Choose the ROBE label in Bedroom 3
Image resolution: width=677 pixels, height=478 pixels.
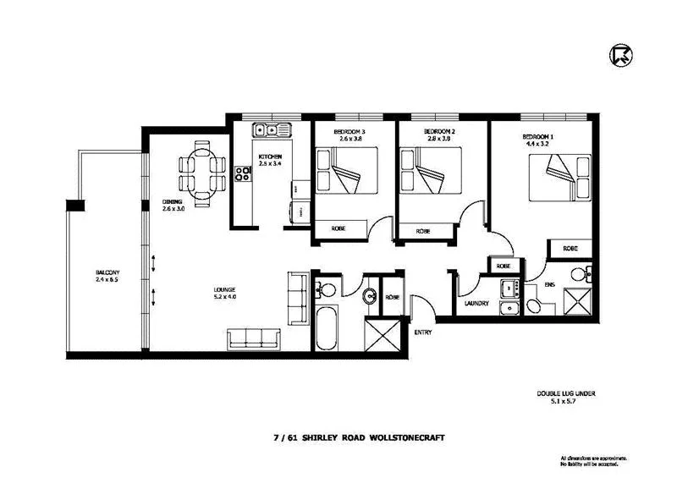pos(338,228)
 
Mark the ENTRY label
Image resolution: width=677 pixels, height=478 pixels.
pos(422,332)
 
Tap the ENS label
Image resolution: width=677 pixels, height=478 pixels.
pos(549,284)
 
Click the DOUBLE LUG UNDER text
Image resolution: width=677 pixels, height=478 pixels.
pos(561,393)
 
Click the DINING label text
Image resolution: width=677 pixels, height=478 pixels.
pos(173,201)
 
